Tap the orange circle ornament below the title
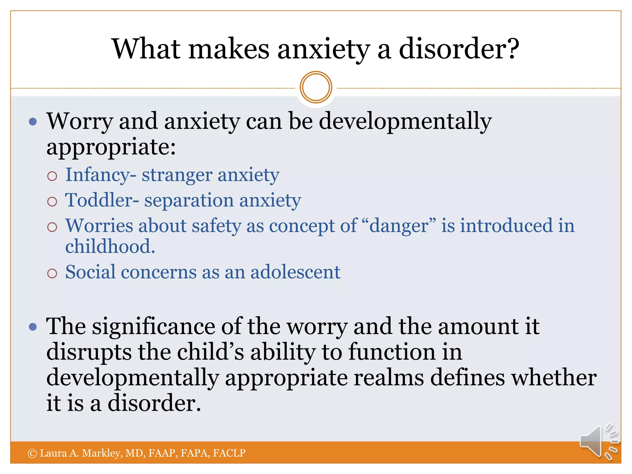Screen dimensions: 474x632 [316, 87]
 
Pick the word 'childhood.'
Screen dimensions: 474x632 [110, 247]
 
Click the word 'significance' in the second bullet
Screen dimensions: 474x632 [154, 326]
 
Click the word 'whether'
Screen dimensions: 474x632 [554, 378]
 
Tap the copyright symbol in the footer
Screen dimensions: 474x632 [32, 453]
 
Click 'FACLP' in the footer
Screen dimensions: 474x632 [229, 453]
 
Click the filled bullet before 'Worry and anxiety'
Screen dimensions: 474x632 [33, 121]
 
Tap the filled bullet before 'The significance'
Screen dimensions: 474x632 [33, 326]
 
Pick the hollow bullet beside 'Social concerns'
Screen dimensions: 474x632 [52, 273]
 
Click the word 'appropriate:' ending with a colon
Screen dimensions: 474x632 [111, 147]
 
